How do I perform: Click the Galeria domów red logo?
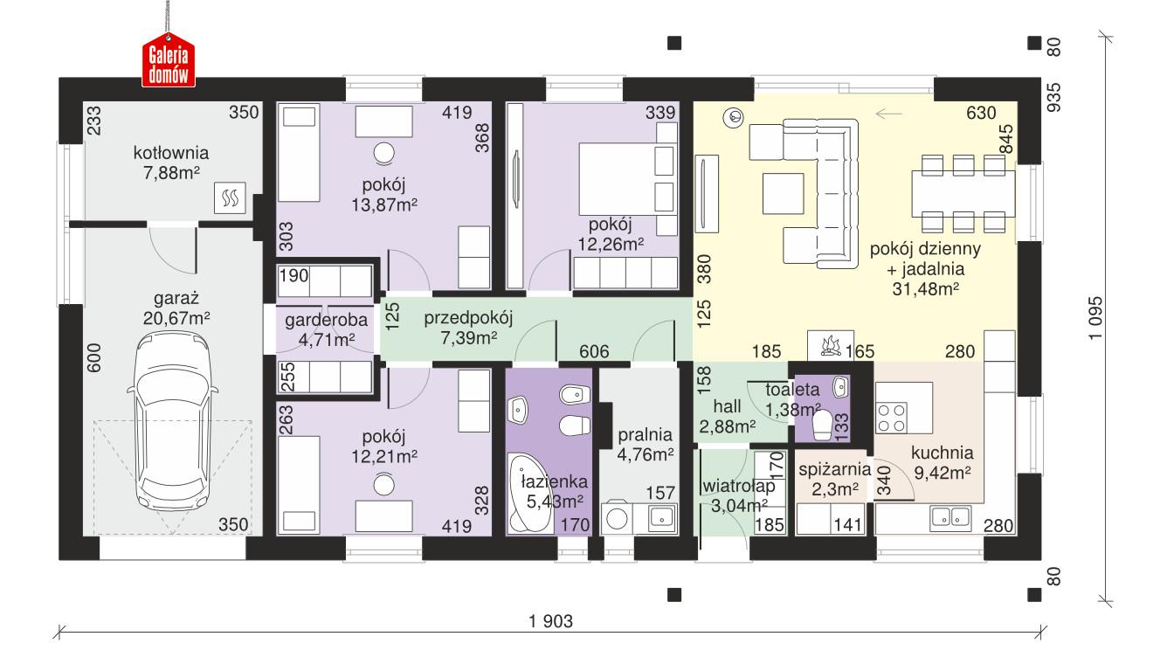click(x=169, y=65)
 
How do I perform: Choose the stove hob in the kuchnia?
click(x=892, y=416)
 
